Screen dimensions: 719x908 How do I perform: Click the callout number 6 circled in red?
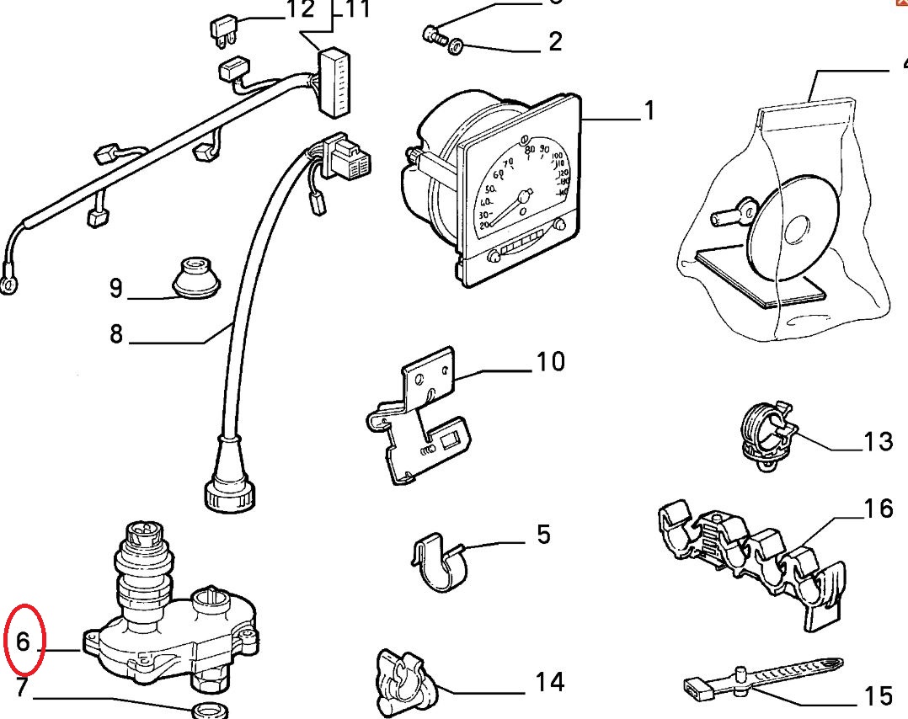(x=23, y=642)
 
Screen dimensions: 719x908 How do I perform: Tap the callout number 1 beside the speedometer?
(x=649, y=110)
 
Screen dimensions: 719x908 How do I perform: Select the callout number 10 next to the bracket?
(x=551, y=362)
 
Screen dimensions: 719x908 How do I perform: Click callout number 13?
(x=878, y=441)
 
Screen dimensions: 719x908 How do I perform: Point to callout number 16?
(x=878, y=508)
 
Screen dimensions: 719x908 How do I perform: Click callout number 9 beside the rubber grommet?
(x=116, y=289)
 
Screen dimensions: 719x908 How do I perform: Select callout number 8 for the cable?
(x=116, y=334)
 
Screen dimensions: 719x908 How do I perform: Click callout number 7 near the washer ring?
(x=22, y=688)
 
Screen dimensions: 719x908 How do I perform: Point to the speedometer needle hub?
(x=523, y=197)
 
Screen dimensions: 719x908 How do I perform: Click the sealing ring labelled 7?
(x=210, y=710)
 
